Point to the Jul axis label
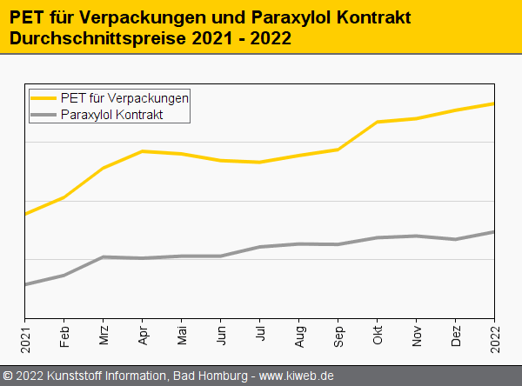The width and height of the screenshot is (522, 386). click(260, 337)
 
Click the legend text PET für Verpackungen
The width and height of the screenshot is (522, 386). click(125, 97)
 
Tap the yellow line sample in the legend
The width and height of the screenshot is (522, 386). click(44, 97)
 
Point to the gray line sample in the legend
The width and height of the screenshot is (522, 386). click(44, 114)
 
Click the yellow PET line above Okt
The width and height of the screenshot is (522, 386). click(378, 122)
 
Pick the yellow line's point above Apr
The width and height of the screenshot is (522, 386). click(143, 151)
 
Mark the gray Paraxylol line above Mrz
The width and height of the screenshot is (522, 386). click(104, 257)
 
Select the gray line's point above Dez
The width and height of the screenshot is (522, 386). click(456, 239)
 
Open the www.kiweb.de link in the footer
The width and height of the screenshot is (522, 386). click(297, 376)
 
